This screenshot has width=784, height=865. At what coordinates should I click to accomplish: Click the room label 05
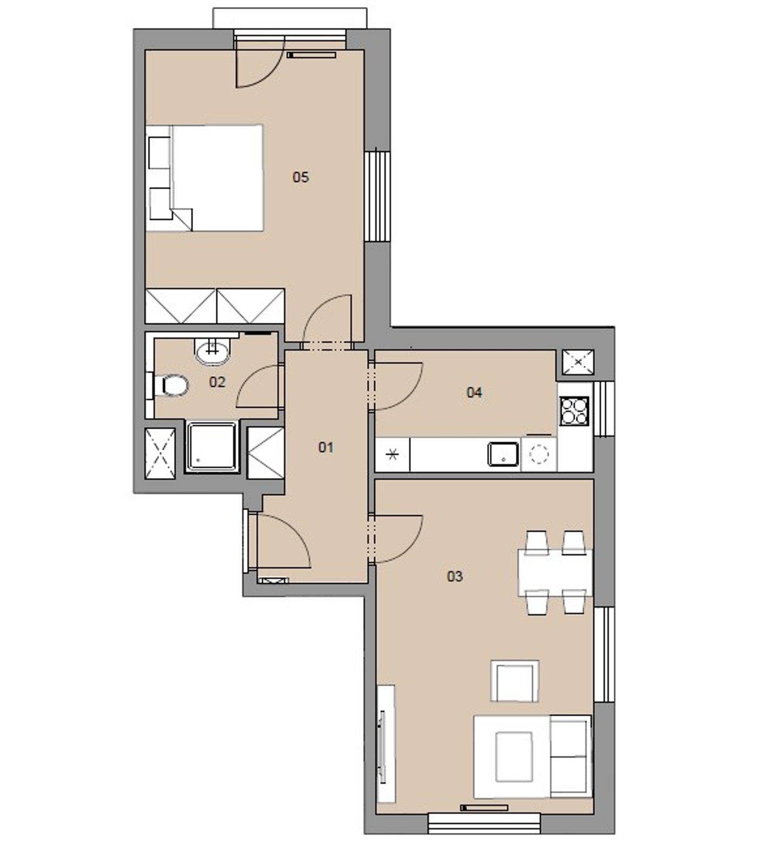pos(301,177)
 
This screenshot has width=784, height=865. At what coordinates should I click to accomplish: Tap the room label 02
pos(217,382)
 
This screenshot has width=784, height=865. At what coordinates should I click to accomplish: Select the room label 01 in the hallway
pos(326,447)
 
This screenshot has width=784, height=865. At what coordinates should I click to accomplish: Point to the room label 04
pos(474,392)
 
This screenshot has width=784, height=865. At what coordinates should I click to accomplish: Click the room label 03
pos(455,576)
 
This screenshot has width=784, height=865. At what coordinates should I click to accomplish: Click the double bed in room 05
pos(204,178)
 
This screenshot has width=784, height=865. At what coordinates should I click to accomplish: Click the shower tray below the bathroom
pos(212,448)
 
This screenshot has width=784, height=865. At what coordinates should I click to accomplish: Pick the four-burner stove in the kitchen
pos(574,411)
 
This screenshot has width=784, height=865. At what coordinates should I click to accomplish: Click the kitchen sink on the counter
pos(503,454)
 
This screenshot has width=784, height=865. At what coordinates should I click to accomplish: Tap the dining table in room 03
pos(555,573)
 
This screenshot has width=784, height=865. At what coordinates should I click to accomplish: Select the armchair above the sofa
pos(515,681)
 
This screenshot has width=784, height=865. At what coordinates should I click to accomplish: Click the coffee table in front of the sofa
pos(514,757)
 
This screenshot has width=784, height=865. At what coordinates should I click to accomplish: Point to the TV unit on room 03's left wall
pos(386,744)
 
